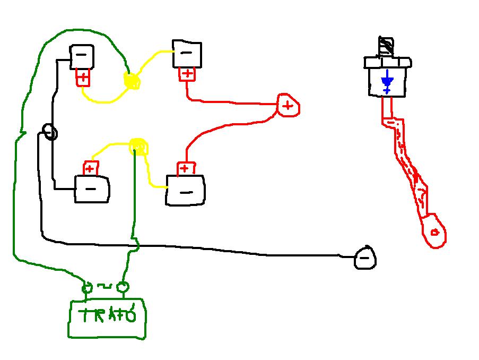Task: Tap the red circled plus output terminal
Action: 288,106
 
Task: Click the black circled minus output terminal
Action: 365,258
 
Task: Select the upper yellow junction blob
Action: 132,81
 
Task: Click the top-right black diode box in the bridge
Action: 187,54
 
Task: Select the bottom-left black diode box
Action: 92,189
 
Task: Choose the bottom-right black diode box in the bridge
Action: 186,191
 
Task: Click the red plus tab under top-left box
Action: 83,78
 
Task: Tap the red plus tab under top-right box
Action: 187,74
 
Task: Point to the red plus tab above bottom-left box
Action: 90,169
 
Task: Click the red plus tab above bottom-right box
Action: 184,169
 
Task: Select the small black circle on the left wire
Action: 50,132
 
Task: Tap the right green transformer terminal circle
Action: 123,288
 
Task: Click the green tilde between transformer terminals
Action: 105,287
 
